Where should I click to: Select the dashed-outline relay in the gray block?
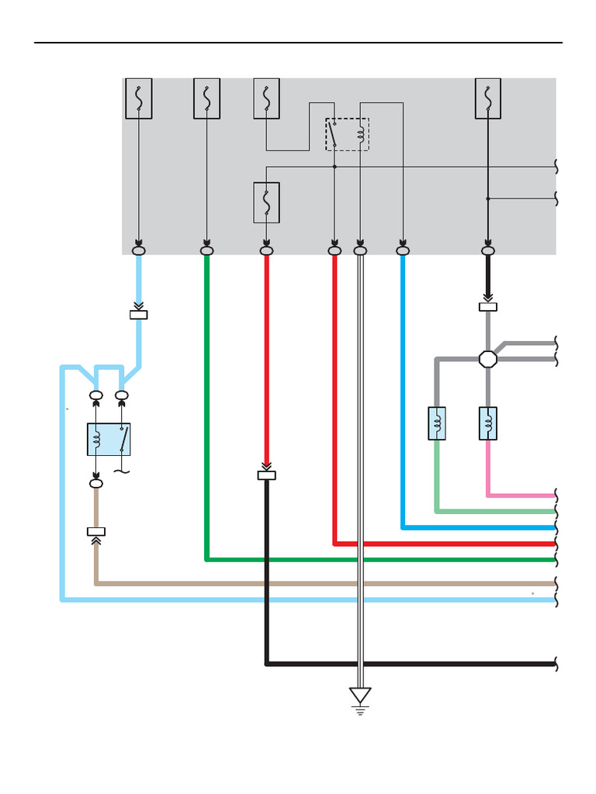coord(347,134)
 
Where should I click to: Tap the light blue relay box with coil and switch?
coord(109,440)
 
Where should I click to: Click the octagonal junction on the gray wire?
coord(487,359)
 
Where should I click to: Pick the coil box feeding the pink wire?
coord(487,423)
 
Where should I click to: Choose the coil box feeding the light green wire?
coord(437,423)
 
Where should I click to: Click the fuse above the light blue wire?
coord(139,98)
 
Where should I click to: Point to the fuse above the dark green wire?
coord(206,98)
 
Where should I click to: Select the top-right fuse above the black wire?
coord(487,98)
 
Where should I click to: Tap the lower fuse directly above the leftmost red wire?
coord(266,202)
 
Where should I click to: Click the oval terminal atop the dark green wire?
coord(206,250)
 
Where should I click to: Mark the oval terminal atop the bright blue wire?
coord(402,250)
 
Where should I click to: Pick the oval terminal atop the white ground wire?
coord(360,250)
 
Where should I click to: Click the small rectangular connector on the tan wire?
coord(96,532)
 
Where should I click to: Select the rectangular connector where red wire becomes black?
coord(266,475)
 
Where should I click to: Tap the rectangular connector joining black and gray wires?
coord(487,307)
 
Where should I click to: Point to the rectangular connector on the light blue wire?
coord(139,315)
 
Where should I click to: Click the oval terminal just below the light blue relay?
coord(96,483)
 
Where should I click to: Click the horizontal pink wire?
coord(520,495)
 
